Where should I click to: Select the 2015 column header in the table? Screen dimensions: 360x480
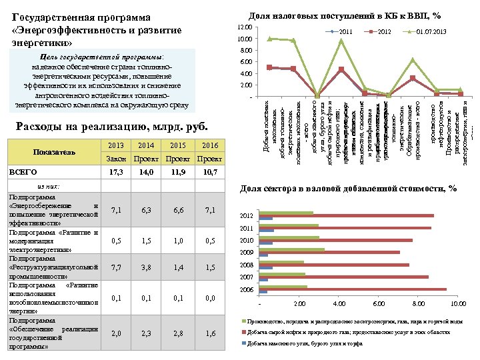[178, 145]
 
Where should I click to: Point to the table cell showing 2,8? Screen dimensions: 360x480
[178, 333]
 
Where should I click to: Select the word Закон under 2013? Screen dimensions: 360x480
[117, 159]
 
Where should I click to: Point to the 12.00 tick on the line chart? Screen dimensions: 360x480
[245, 27]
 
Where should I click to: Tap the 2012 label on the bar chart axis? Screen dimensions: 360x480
[247, 216]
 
